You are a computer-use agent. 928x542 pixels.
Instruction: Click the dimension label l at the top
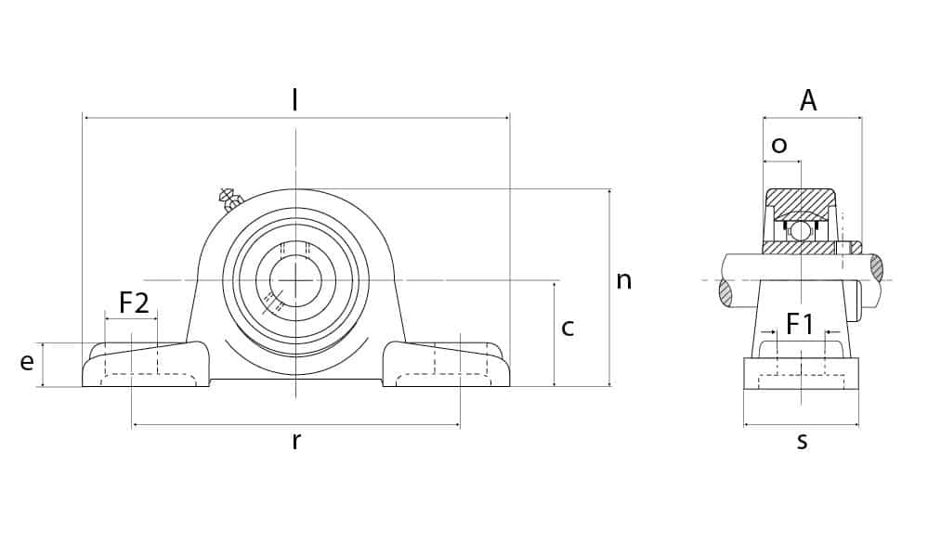294,99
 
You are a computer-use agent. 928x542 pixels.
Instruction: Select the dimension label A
808,100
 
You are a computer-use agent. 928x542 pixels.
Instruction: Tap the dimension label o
779,145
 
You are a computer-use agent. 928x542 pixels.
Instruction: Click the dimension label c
568,327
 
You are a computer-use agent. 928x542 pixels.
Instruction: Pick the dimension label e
27,362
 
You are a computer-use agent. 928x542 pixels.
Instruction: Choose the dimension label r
295,441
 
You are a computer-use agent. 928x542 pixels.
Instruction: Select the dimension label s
802,441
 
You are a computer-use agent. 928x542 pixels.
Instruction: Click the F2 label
134,302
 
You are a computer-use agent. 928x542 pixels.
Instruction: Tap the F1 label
800,324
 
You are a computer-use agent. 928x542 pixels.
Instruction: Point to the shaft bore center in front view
296,279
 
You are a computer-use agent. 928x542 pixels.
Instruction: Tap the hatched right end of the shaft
876,267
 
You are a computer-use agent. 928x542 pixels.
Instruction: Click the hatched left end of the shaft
725,292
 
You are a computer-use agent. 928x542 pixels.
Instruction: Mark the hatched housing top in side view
800,199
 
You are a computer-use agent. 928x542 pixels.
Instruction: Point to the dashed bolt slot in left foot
149,378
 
